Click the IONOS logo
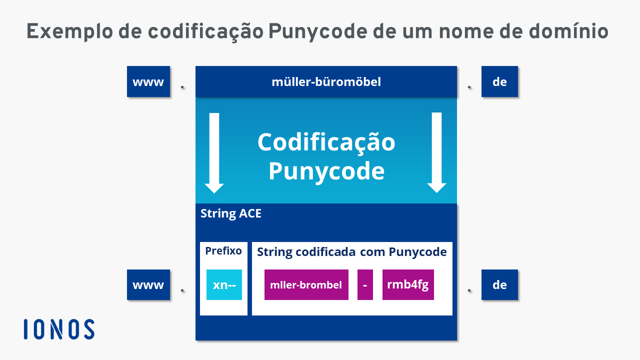click(59, 329)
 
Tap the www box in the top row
click(148, 81)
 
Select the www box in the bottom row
click(148, 284)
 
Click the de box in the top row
click(499, 81)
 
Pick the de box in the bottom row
click(499, 284)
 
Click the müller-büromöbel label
click(326, 82)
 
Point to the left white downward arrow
click(214, 153)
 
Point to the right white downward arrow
click(436, 152)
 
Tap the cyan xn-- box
click(224, 284)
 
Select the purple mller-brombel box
click(306, 284)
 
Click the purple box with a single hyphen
click(365, 284)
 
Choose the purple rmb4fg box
click(408, 284)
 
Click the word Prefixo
click(223, 251)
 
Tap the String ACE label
click(231, 213)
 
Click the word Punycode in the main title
click(317, 32)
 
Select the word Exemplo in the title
click(69, 32)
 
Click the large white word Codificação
click(326, 143)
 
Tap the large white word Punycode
click(326, 171)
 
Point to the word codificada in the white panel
click(325, 252)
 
